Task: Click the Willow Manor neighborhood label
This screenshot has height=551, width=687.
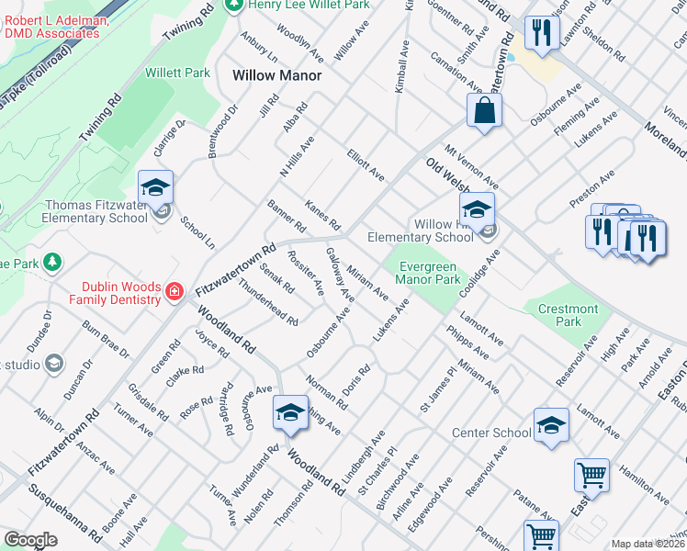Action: tap(277, 75)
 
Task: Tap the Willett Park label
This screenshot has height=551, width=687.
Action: tap(178, 73)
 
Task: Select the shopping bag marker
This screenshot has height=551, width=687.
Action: tap(484, 111)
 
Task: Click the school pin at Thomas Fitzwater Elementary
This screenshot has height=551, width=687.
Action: tap(156, 186)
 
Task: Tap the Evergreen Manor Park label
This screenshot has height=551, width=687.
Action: tap(428, 273)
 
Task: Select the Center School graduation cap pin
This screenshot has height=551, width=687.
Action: tap(551, 424)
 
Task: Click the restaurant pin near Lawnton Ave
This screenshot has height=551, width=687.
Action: tap(539, 34)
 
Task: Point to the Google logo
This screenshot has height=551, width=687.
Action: tap(30, 540)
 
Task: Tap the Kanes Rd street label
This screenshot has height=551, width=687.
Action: tap(322, 217)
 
